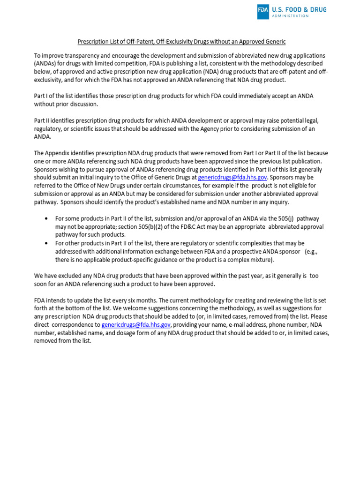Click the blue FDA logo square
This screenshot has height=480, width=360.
pyautogui.click(x=263, y=12)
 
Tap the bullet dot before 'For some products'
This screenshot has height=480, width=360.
pyautogui.click(x=46, y=219)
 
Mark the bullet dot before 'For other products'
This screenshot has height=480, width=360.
pyautogui.click(x=46, y=244)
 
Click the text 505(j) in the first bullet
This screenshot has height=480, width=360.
pyautogui.click(x=282, y=219)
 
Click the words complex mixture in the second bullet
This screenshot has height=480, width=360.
pyautogui.click(x=249, y=260)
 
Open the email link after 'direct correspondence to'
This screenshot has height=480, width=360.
pyautogui.click(x=136, y=325)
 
